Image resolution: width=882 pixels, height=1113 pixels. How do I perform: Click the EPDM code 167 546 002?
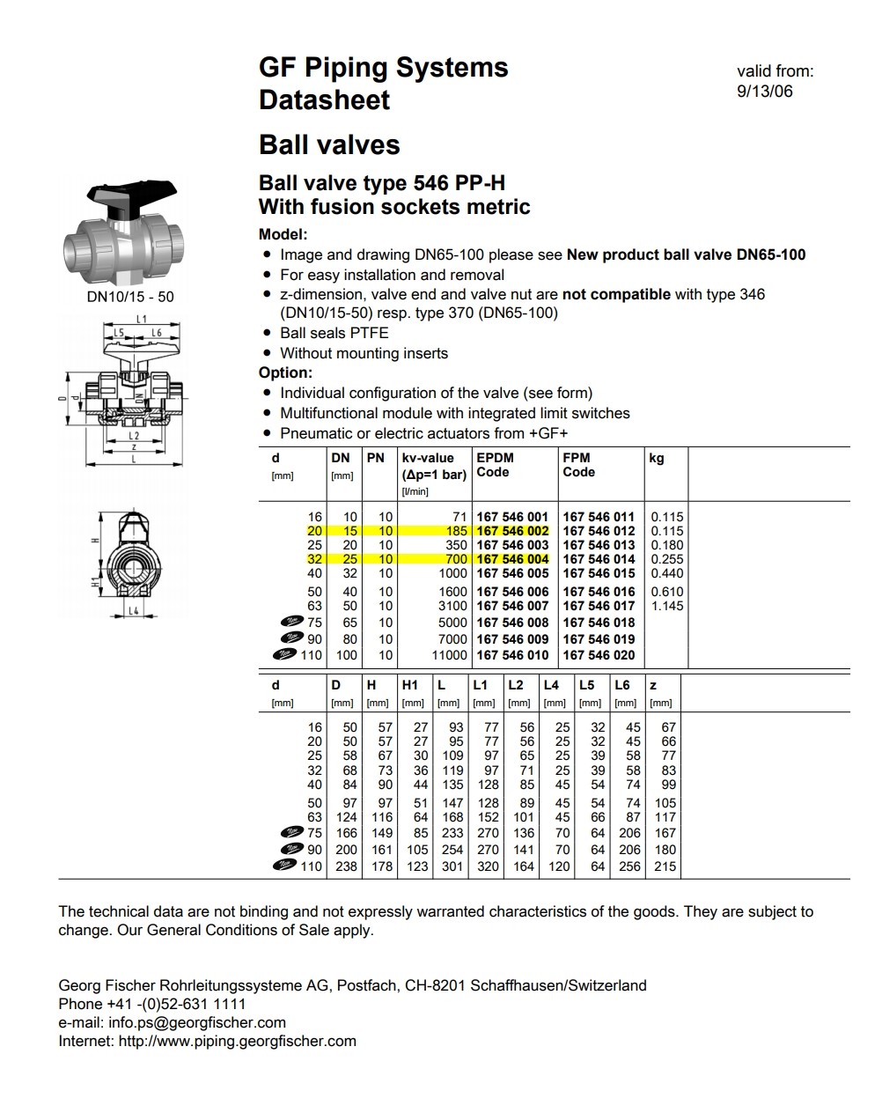pyautogui.click(x=511, y=531)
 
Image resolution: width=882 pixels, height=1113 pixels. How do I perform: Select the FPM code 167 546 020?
pyautogui.click(x=599, y=655)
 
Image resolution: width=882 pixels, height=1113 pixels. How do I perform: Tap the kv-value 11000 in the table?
pyautogui.click(x=449, y=655)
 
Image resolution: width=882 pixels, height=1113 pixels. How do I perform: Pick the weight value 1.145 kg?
pyautogui.click(x=667, y=606)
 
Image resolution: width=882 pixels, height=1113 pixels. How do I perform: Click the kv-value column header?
pyautogui.click(x=428, y=458)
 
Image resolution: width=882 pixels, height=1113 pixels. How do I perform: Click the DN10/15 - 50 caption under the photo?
pyautogui.click(x=130, y=297)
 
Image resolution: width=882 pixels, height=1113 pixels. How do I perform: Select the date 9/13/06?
pyautogui.click(x=764, y=91)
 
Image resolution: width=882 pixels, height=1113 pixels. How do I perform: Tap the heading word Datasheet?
pyautogui.click(x=324, y=100)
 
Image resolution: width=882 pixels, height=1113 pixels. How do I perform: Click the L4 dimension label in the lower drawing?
pyautogui.click(x=134, y=610)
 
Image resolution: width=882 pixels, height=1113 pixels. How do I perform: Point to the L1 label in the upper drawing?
pyautogui.click(x=142, y=319)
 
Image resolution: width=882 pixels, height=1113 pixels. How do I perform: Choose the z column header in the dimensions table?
pyautogui.click(x=652, y=685)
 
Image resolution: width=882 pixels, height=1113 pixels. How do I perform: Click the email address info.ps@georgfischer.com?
pyautogui.click(x=197, y=1022)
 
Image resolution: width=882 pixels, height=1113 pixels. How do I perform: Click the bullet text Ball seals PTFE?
pyautogui.click(x=334, y=333)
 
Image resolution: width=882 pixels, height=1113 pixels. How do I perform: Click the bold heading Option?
pyautogui.click(x=285, y=372)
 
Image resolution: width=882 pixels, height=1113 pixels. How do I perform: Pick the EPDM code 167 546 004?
pyautogui.click(x=511, y=559)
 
